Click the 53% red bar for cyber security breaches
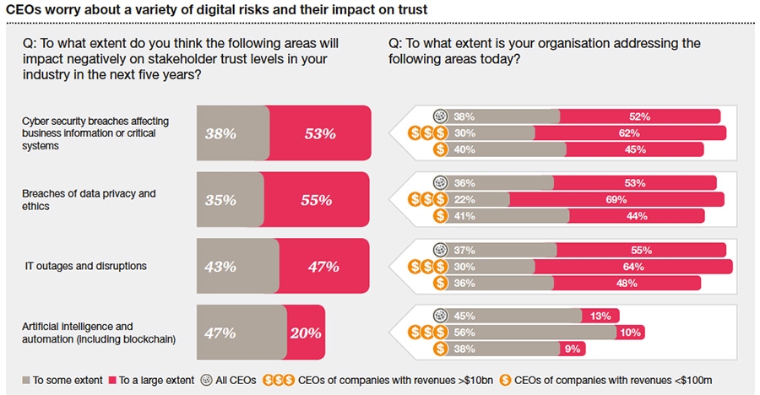[320, 133]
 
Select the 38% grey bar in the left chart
[233, 133]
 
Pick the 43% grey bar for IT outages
[237, 266]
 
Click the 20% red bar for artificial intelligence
[306, 333]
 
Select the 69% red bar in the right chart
[616, 199]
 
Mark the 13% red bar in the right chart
[601, 317]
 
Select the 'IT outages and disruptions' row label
[86, 266]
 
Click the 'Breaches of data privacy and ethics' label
[89, 200]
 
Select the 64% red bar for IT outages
[633, 267]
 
